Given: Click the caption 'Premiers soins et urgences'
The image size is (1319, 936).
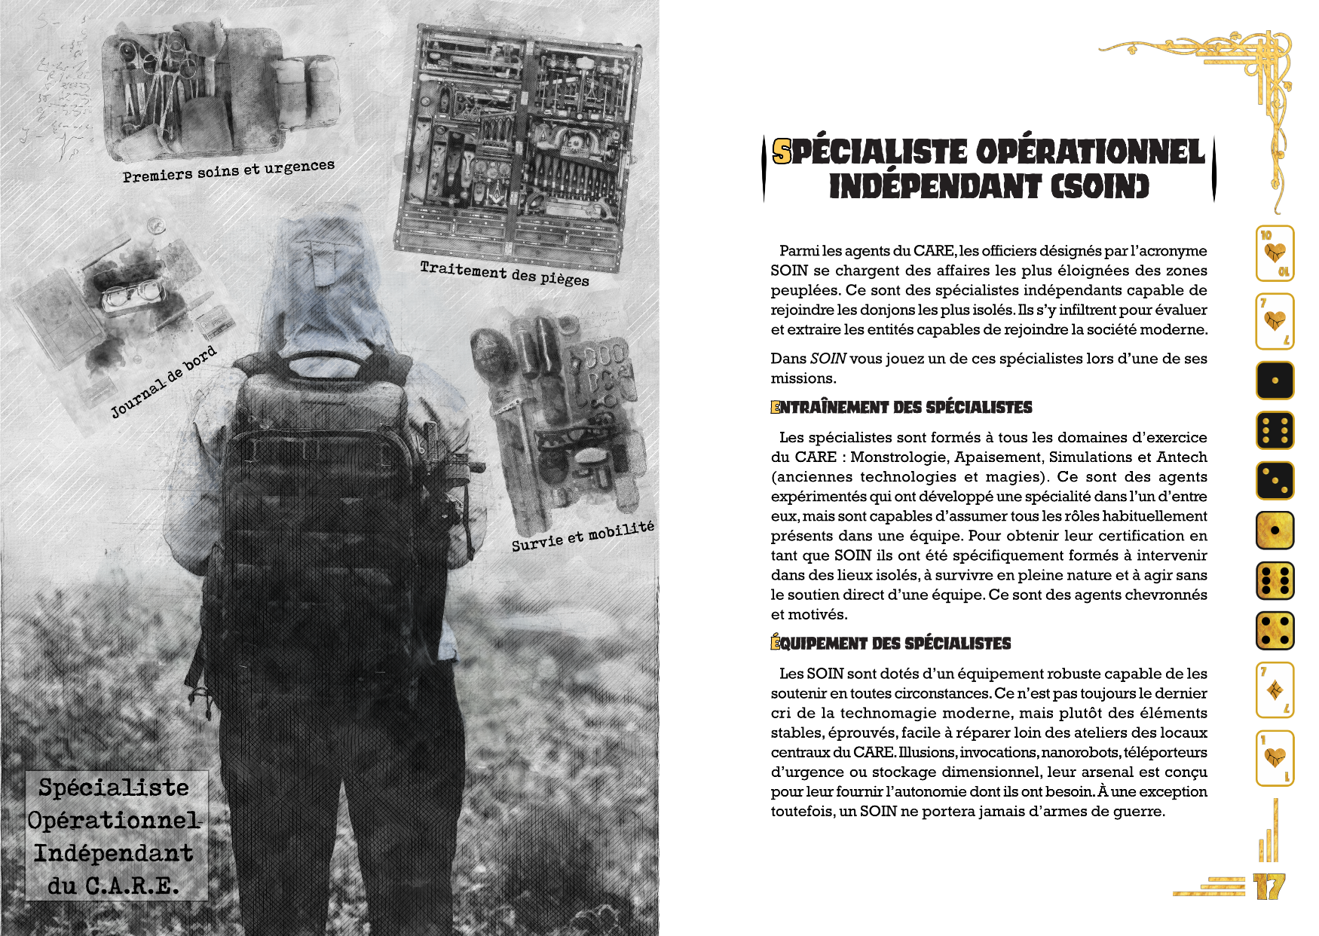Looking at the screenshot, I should tap(228, 171).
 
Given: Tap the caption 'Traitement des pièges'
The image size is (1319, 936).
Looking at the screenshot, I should tap(504, 273).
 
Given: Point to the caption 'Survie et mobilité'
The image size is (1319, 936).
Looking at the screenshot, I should tap(583, 536).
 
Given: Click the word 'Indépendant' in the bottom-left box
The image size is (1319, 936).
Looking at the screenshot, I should tap(114, 853).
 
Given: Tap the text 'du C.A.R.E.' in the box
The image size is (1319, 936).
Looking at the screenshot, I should tap(114, 886).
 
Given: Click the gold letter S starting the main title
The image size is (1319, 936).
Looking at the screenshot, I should tap(782, 152).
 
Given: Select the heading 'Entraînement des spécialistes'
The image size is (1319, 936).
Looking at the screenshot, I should tap(901, 408).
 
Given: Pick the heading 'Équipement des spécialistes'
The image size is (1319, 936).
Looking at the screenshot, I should tap(891, 644).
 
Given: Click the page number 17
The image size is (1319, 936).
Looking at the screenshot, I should tap(1269, 886).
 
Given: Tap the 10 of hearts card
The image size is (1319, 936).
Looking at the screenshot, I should tap(1275, 253).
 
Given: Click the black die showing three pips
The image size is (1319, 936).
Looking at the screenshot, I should tap(1275, 480).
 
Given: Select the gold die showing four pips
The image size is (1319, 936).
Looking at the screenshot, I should tap(1275, 631).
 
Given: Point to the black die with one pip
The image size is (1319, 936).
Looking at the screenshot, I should tap(1275, 381).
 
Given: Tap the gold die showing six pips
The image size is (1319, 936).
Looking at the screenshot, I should tap(1275, 580).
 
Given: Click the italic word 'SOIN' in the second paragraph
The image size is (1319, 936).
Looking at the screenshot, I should tap(828, 359).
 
